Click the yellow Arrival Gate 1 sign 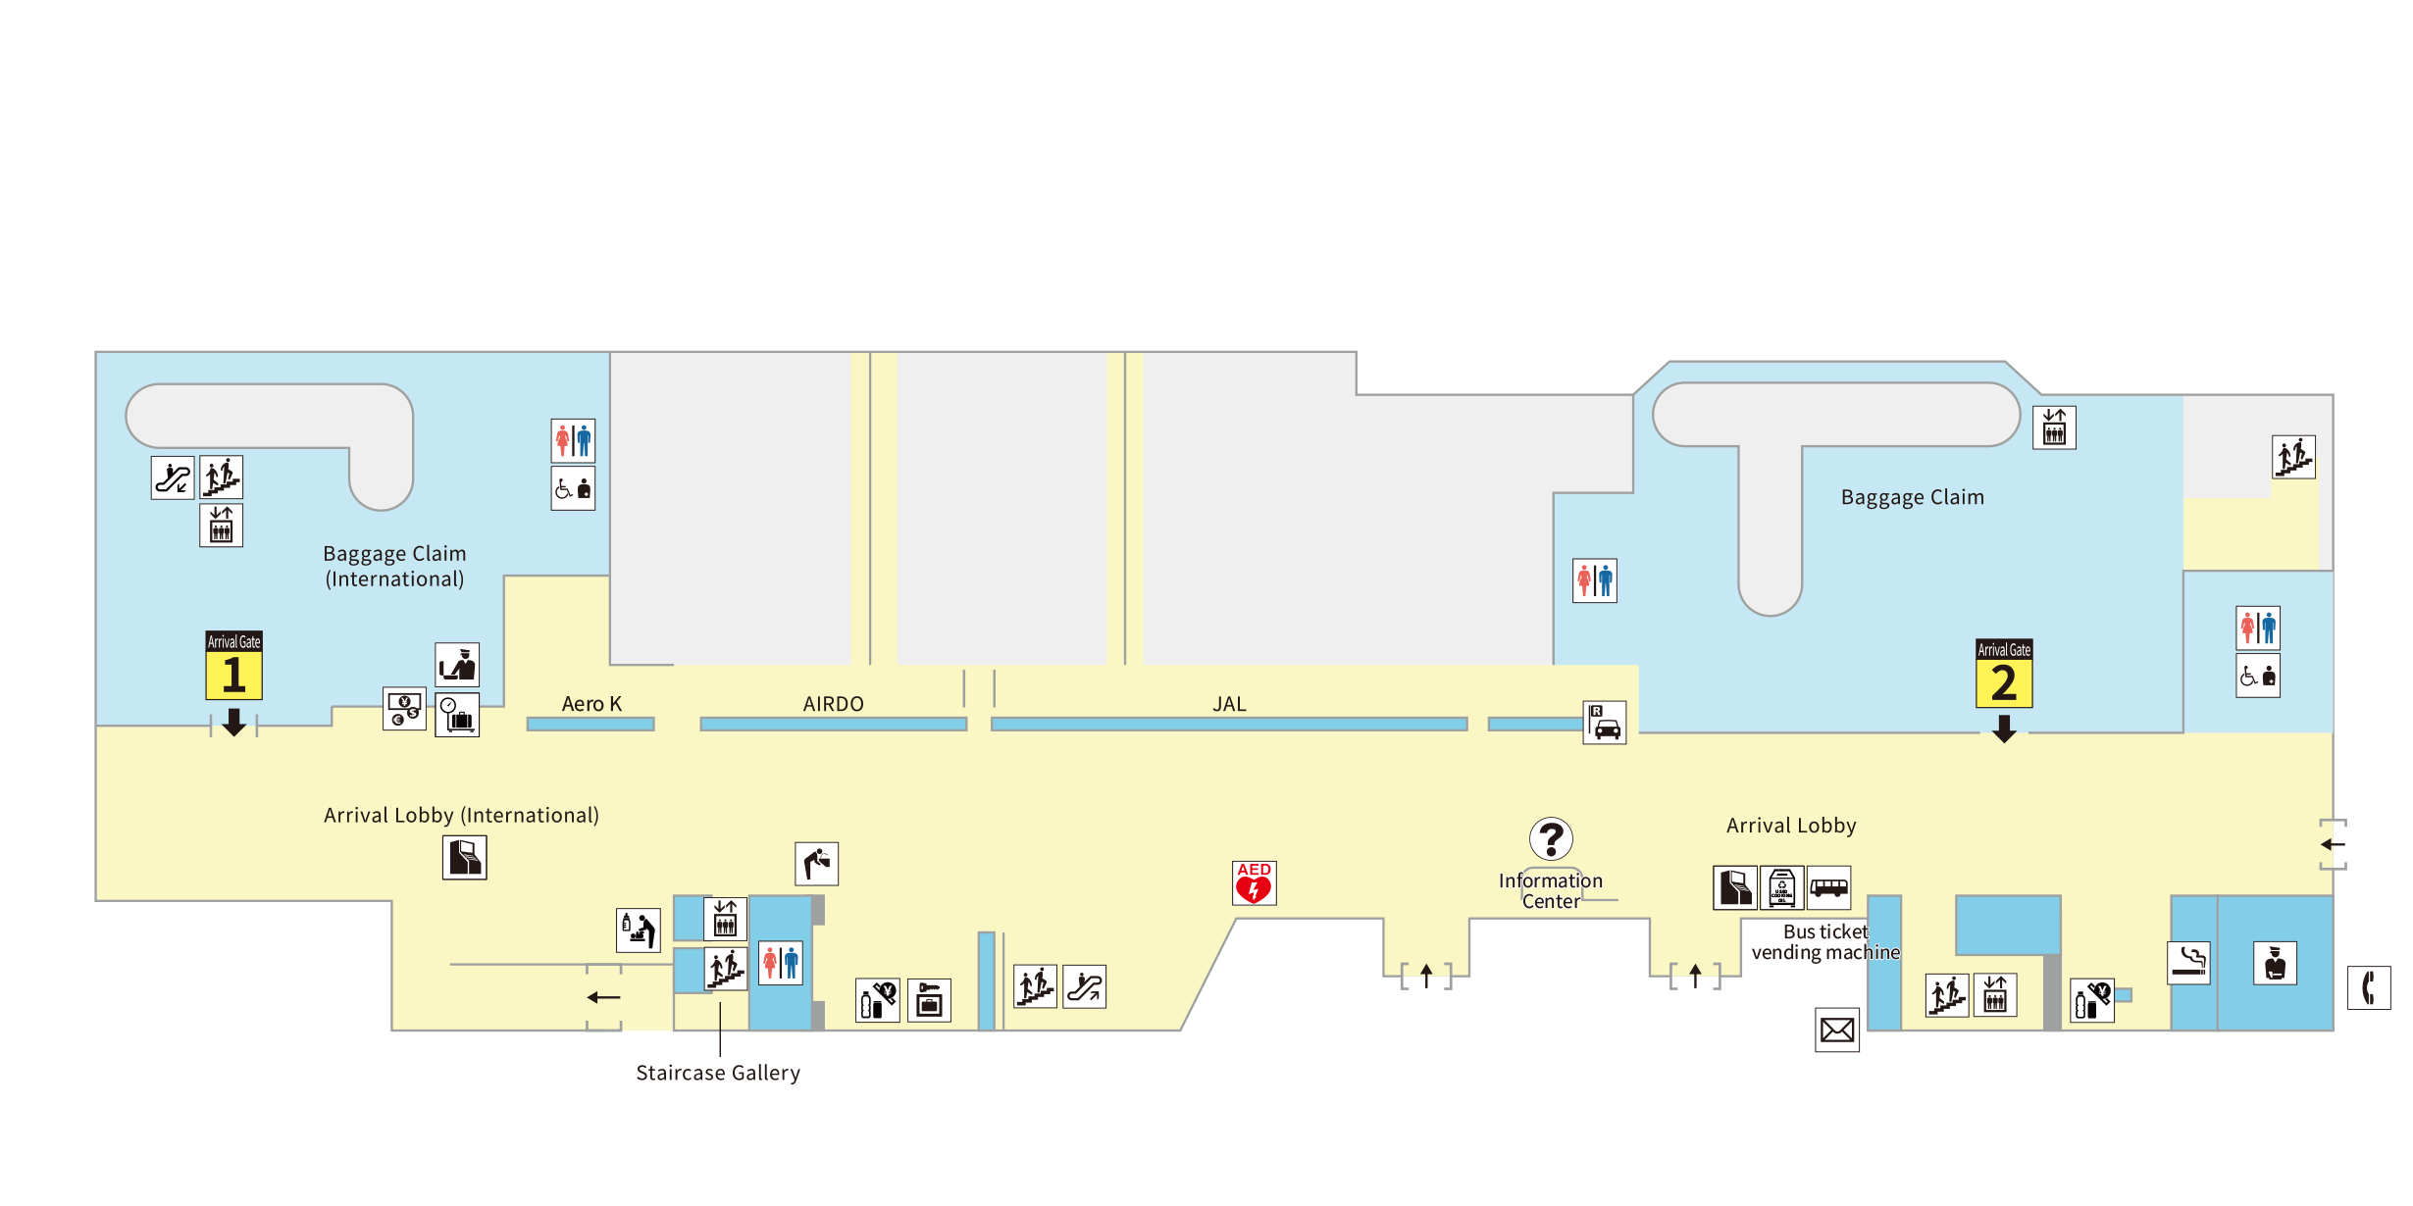click(x=233, y=665)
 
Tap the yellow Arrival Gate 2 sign click(x=2004, y=673)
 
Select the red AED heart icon click(x=1254, y=882)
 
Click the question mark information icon click(x=1551, y=839)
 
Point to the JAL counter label click(x=1229, y=704)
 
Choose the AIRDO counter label click(x=834, y=704)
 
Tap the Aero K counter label click(x=591, y=704)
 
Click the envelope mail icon click(x=1837, y=1030)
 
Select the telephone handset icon click(x=2369, y=987)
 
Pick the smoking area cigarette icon click(x=2188, y=962)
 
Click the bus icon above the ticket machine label click(x=1829, y=888)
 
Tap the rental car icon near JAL click(x=1605, y=723)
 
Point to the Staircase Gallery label click(x=718, y=1073)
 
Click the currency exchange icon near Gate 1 click(x=404, y=708)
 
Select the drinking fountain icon click(x=817, y=864)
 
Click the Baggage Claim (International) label click(x=395, y=567)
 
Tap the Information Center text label click(x=1551, y=891)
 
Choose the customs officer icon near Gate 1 click(x=457, y=665)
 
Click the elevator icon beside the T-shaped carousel click(x=2054, y=427)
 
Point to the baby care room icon click(x=639, y=930)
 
